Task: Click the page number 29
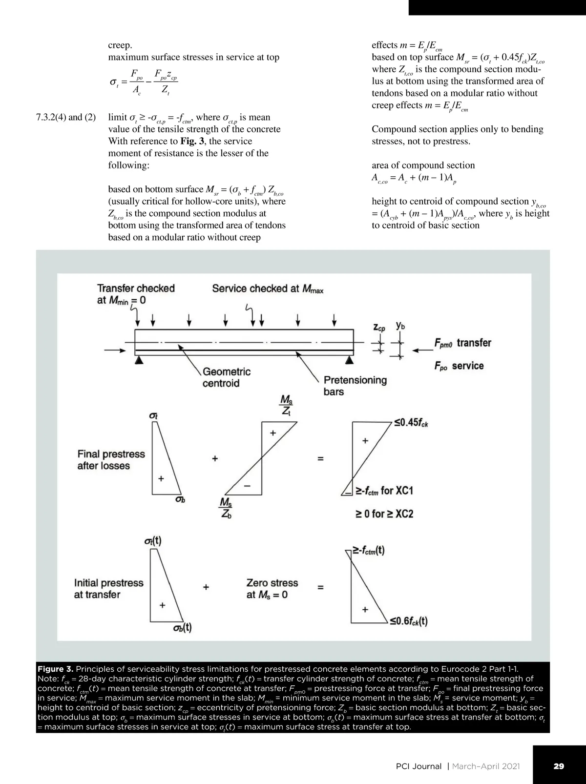tap(559, 766)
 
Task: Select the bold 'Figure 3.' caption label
tap(55, 669)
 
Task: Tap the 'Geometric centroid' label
tap(227, 377)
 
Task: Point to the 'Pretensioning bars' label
tap(355, 386)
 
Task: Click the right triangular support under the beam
tap(350, 360)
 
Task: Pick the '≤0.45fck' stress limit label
tap(411, 423)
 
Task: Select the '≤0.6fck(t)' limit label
tap(409, 621)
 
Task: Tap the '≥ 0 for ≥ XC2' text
tap(384, 514)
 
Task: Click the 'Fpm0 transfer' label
tap(463, 343)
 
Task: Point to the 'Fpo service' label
tap(459, 366)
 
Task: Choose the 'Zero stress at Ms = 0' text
tap(272, 589)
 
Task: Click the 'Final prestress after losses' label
tap(111, 460)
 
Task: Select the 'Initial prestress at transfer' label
tap(108, 589)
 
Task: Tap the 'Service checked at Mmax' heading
tap(268, 289)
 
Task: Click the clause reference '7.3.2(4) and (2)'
tap(66, 117)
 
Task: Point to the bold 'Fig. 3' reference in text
tap(192, 141)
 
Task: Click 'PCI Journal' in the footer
tap(419, 766)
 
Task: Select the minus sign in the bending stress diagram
tap(247, 486)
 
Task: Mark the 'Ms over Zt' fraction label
tap(286, 405)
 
